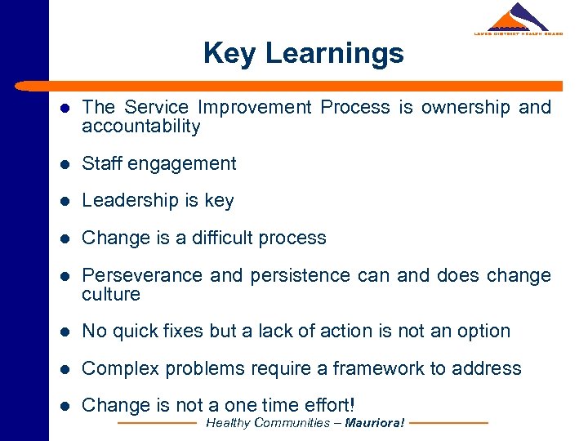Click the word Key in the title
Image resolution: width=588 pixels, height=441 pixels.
pos(230,54)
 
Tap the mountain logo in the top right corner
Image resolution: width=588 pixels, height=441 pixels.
pos(519,18)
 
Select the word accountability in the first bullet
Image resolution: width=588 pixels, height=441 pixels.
pos(140,127)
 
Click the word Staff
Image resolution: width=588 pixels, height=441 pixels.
pos(105,163)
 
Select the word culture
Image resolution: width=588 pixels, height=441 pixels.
pos(111,294)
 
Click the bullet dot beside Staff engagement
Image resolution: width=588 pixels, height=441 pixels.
pos(64,164)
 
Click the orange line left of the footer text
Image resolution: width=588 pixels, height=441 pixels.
pos(158,423)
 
